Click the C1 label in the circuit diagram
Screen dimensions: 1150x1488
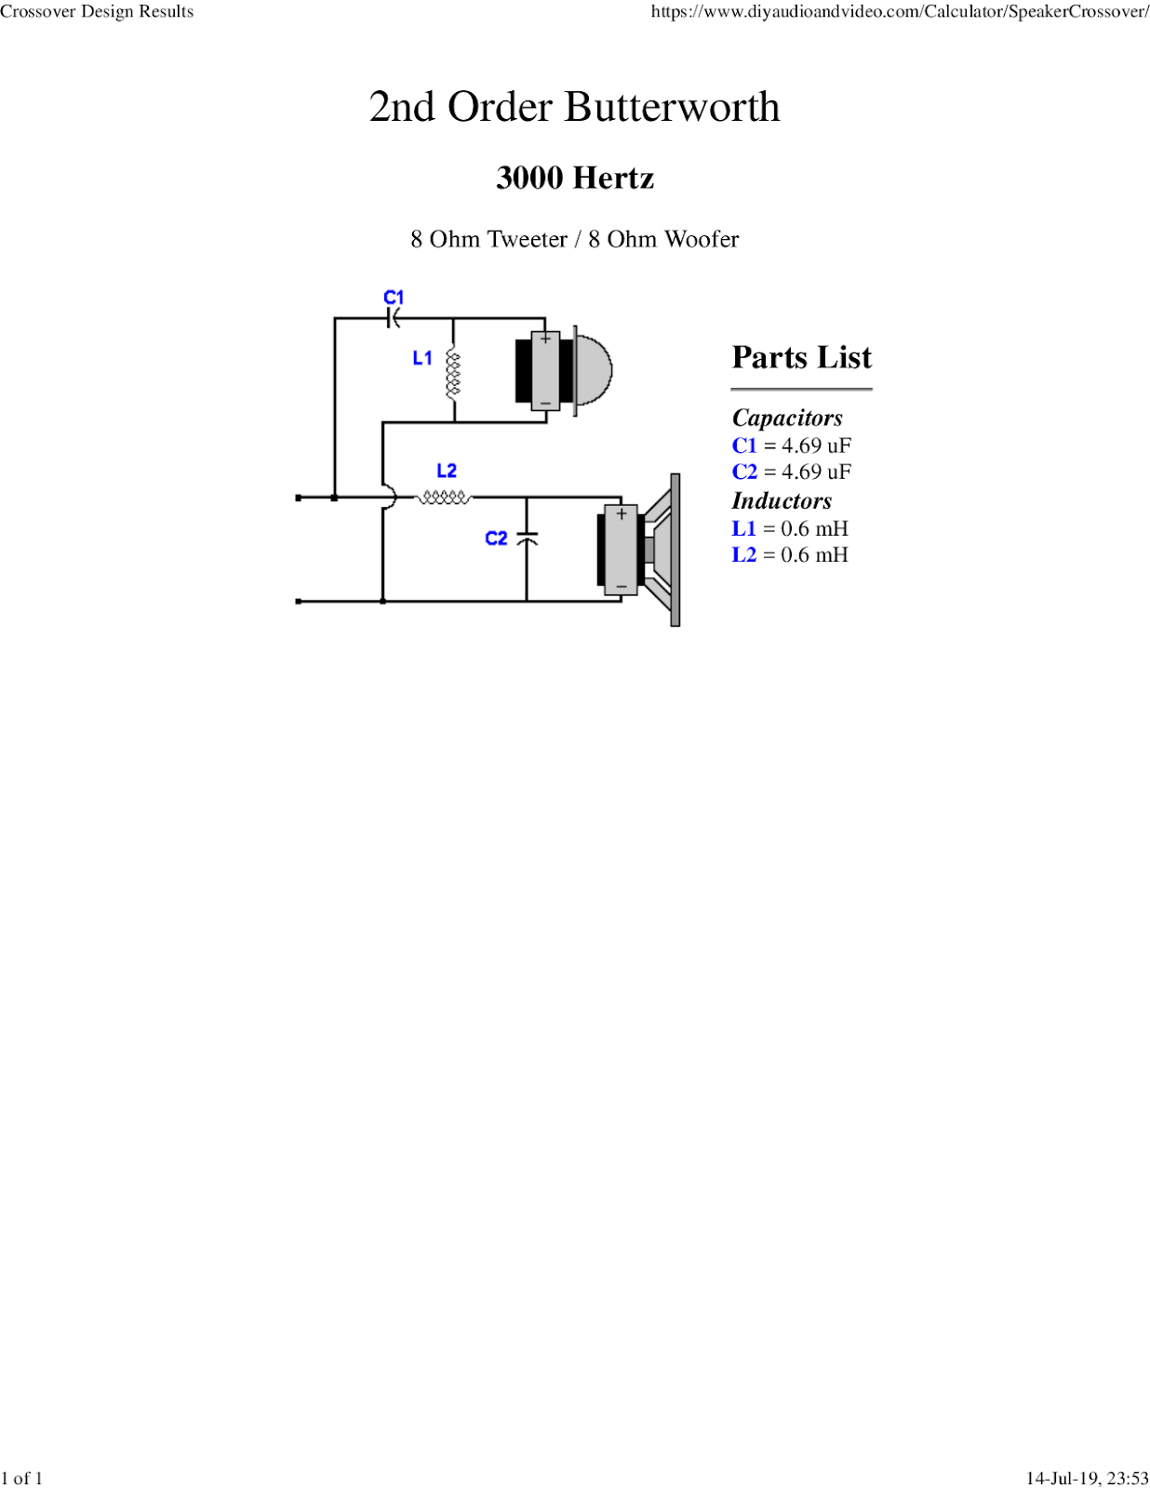394,298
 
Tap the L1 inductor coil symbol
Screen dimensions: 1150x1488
453,373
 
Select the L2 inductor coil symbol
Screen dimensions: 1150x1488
443,498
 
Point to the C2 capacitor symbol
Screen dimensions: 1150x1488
527,538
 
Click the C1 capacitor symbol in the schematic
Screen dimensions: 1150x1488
394,319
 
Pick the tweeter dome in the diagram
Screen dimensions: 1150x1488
595,369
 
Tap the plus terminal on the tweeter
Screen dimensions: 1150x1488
545,339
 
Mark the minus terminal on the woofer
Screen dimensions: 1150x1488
621,586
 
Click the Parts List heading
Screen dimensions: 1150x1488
801,358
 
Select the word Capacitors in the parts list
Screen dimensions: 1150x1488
787,418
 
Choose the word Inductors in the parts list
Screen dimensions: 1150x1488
782,501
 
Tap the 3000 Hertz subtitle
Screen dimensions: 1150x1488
575,178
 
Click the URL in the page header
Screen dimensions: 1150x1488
899,12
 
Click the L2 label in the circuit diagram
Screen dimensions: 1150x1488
447,472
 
